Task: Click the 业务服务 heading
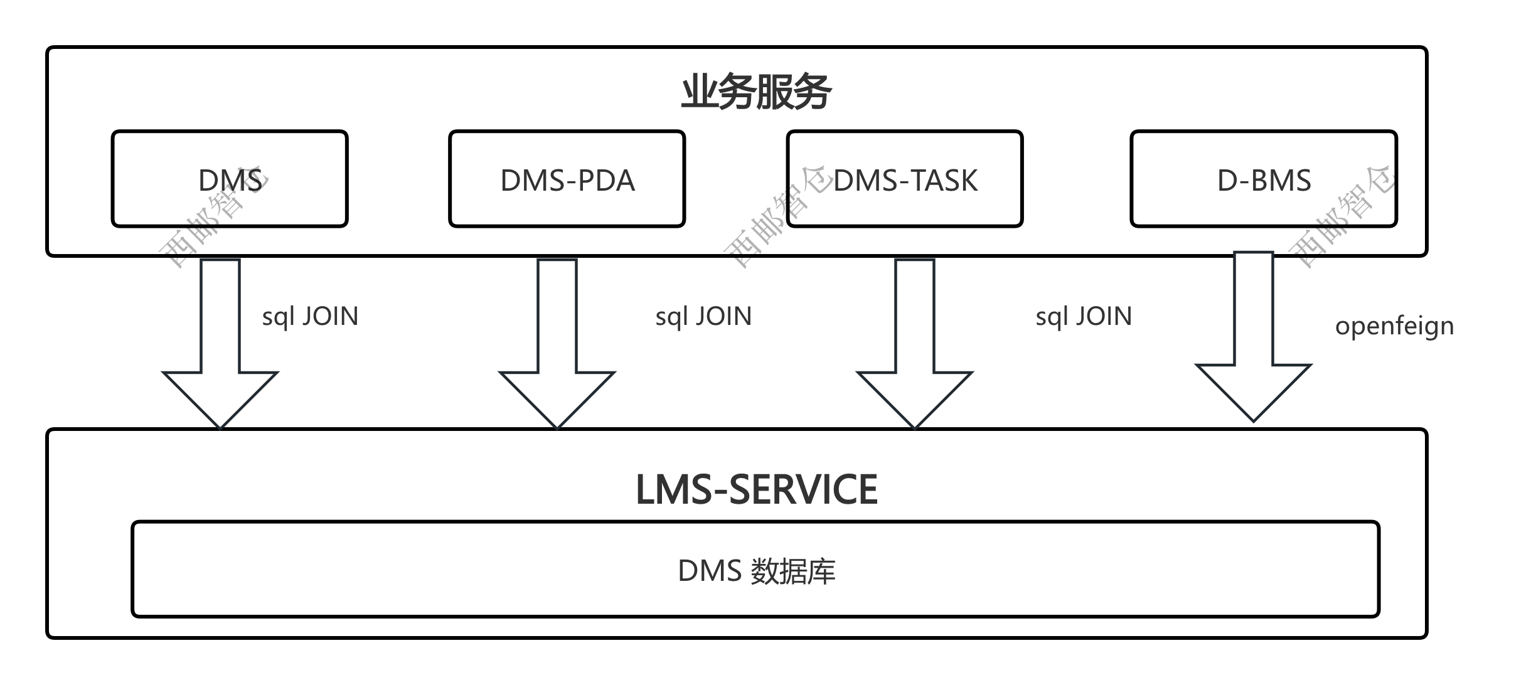(756, 92)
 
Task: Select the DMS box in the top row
(230, 179)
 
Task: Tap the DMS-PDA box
(567, 179)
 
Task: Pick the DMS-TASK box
(905, 179)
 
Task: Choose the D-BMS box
(1264, 179)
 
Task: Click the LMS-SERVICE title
(756, 489)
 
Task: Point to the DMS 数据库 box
(755, 570)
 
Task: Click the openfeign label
(1394, 326)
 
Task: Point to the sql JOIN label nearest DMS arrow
(310, 316)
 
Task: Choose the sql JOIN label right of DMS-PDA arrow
(703, 316)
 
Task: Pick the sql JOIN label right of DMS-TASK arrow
(1084, 316)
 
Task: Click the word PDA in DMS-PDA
(605, 181)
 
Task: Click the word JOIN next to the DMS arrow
(330, 316)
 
